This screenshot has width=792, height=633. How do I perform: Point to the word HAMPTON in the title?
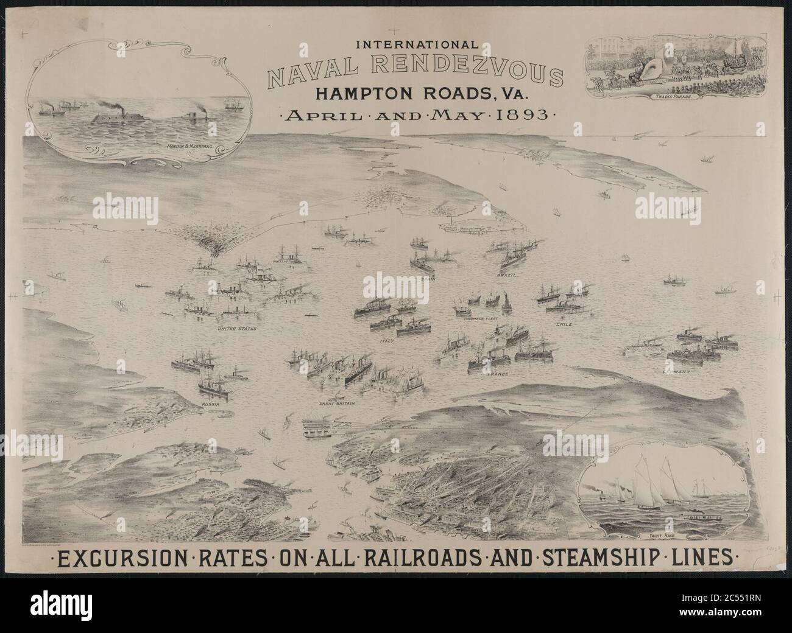(x=361, y=94)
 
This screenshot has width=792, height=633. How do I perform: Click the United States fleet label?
(x=238, y=329)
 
